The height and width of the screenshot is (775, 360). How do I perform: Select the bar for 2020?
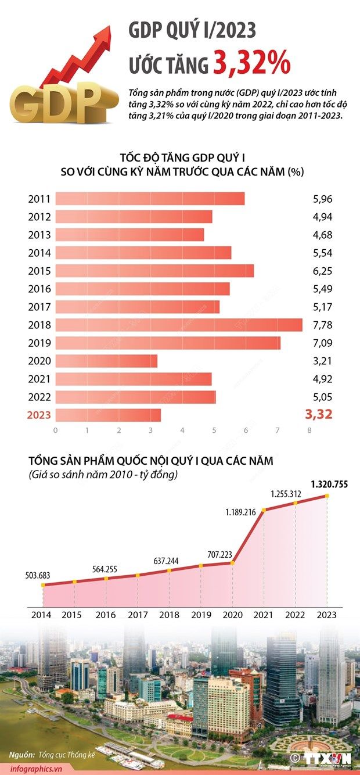(106, 361)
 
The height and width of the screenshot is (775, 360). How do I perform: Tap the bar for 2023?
(108, 415)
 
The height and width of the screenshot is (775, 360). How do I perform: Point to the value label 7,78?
(322, 325)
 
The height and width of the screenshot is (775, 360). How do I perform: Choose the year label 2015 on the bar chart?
(39, 271)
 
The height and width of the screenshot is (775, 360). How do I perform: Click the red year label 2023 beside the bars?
(39, 415)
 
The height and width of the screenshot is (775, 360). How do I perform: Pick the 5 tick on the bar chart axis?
(214, 430)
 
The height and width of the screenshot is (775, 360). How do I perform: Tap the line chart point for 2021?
(264, 511)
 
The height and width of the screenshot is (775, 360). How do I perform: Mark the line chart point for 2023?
(327, 496)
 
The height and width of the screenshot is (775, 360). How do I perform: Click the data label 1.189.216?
(241, 512)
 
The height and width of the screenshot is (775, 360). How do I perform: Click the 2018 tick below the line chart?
(169, 615)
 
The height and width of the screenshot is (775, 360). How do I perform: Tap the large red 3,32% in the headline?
(251, 64)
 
